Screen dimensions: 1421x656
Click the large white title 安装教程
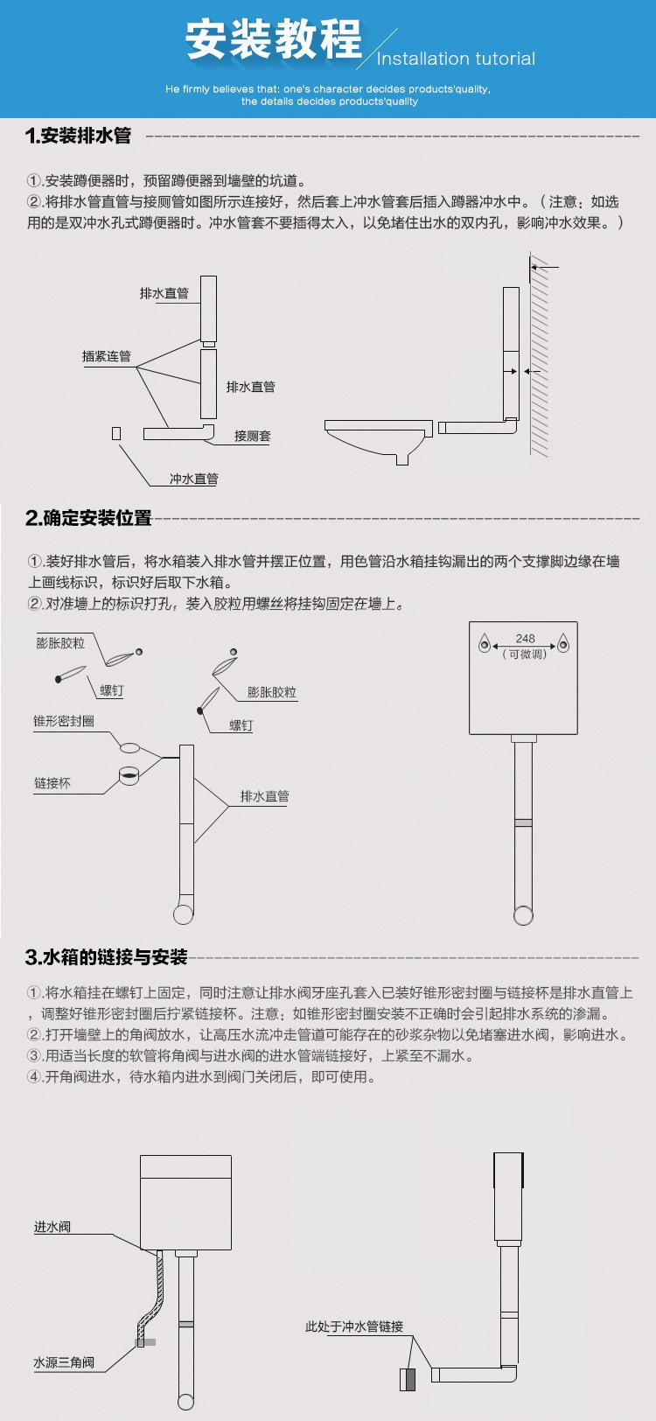pyautogui.click(x=274, y=41)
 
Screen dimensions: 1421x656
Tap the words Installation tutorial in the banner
pyautogui.click(x=456, y=59)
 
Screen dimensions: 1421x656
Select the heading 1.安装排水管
pyautogui.click(x=79, y=136)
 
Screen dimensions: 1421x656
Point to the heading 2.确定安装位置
pyautogui.click(x=88, y=518)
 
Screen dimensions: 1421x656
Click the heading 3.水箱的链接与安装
pyautogui.click(x=107, y=957)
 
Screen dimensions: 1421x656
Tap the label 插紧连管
pyautogui.click(x=106, y=356)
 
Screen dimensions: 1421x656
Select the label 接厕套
pyautogui.click(x=252, y=436)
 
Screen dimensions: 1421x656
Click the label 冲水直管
pyautogui.click(x=193, y=479)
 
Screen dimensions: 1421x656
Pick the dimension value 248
pyautogui.click(x=525, y=639)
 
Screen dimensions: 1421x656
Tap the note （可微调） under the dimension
pyautogui.click(x=525, y=654)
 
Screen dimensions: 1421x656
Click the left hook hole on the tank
pyautogui.click(x=485, y=646)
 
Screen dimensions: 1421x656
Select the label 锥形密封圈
pyautogui.click(x=64, y=721)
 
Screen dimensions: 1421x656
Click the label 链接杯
pyautogui.click(x=52, y=783)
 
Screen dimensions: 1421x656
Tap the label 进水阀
pyautogui.click(x=52, y=1228)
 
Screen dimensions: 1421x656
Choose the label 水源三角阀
pyautogui.click(x=64, y=1362)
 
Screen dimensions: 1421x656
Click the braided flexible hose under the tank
pyautogui.click(x=155, y=1295)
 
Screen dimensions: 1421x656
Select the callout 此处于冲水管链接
pyautogui.click(x=354, y=1326)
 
